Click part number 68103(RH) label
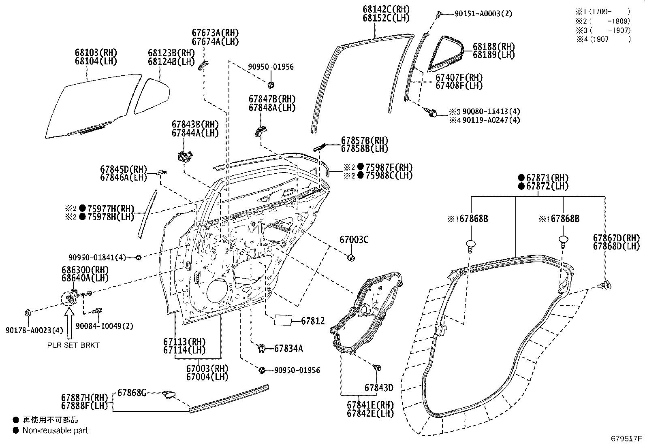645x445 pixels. (x=96, y=52)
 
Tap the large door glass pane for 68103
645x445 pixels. (x=93, y=105)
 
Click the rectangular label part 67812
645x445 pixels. (x=283, y=320)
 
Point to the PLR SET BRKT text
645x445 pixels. (x=73, y=345)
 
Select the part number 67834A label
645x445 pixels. (x=288, y=348)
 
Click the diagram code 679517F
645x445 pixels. (x=627, y=438)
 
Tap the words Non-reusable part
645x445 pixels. (x=55, y=430)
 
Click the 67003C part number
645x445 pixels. (x=354, y=240)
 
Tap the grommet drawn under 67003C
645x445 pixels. (x=352, y=257)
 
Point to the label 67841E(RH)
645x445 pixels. (x=370, y=405)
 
